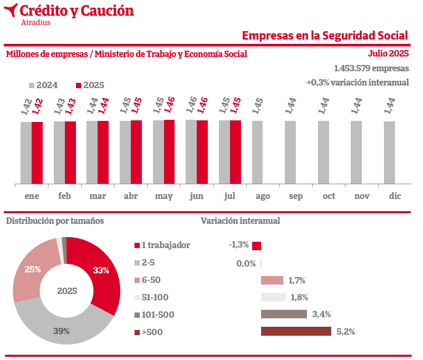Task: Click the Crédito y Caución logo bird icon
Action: coord(11,10)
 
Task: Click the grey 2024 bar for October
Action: coord(323,153)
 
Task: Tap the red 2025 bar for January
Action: coord(37,153)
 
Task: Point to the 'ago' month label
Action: coord(263,196)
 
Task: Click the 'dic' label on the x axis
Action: coord(395,196)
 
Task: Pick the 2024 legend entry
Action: coord(43,86)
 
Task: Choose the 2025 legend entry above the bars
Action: coord(90,86)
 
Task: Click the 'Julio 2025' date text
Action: coord(388,53)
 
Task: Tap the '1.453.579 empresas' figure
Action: coord(371,69)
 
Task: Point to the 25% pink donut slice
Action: coord(33,269)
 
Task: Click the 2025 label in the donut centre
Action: coord(67,291)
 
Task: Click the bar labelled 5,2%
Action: coord(296,331)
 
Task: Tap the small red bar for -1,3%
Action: coord(257,245)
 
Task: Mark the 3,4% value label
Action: coord(321,315)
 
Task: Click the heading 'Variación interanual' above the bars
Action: coord(240,221)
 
